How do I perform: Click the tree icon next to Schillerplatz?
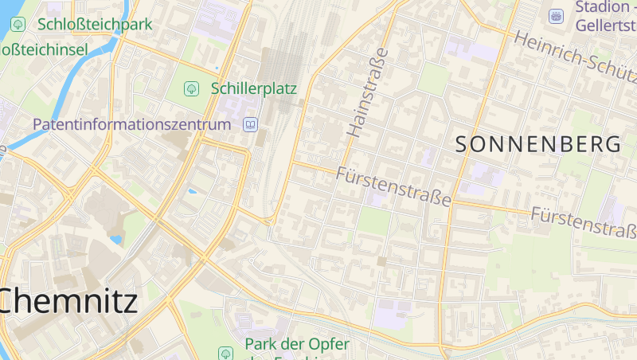[191, 88]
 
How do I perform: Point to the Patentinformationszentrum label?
[132, 124]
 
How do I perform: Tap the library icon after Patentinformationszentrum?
[251, 124]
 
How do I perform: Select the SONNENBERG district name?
[538, 144]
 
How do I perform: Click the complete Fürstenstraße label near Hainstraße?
[393, 186]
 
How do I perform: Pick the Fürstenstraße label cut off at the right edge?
[584, 221]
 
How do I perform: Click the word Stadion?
[601, 8]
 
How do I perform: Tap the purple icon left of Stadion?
[557, 15]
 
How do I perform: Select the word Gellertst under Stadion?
[606, 25]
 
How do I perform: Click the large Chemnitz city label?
[68, 300]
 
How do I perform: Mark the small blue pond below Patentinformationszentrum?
[191, 191]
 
